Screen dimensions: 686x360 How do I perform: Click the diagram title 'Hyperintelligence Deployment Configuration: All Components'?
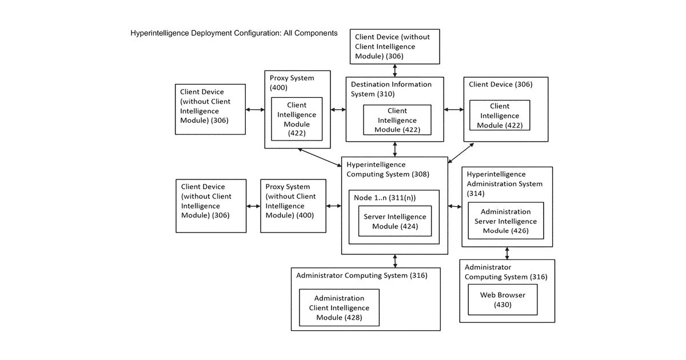(x=234, y=33)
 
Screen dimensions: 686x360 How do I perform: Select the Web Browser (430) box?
(x=502, y=299)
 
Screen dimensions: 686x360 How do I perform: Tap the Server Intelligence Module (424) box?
(x=395, y=221)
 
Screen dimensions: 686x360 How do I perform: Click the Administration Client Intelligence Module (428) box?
(x=339, y=307)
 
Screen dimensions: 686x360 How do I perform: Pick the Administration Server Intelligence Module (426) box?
(x=506, y=221)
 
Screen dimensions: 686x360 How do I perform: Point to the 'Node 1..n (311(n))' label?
(x=385, y=198)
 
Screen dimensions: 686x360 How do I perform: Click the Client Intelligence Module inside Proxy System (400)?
(x=297, y=119)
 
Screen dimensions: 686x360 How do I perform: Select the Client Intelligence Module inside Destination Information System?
(x=397, y=120)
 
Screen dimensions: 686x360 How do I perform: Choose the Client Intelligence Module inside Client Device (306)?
(x=500, y=115)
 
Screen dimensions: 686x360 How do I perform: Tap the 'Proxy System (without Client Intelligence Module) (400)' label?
(x=290, y=201)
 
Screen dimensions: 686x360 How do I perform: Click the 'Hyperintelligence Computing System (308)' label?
(x=388, y=169)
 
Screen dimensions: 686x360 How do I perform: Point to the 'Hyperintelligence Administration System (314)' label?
(x=504, y=183)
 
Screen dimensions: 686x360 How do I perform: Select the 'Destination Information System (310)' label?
(x=391, y=89)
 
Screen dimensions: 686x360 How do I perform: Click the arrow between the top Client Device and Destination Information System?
(x=395, y=70)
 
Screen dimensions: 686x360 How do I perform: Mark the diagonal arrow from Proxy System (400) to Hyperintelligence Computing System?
(x=320, y=158)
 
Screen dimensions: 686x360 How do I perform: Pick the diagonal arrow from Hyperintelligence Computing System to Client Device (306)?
(x=461, y=153)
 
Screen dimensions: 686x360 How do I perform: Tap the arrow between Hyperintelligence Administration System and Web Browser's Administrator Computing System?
(x=507, y=254)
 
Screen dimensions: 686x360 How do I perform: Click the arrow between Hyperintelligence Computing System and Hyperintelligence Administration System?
(x=455, y=207)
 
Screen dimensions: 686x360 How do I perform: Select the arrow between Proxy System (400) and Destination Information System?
(x=338, y=110)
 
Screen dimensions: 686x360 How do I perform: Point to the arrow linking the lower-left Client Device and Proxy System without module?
(x=253, y=206)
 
